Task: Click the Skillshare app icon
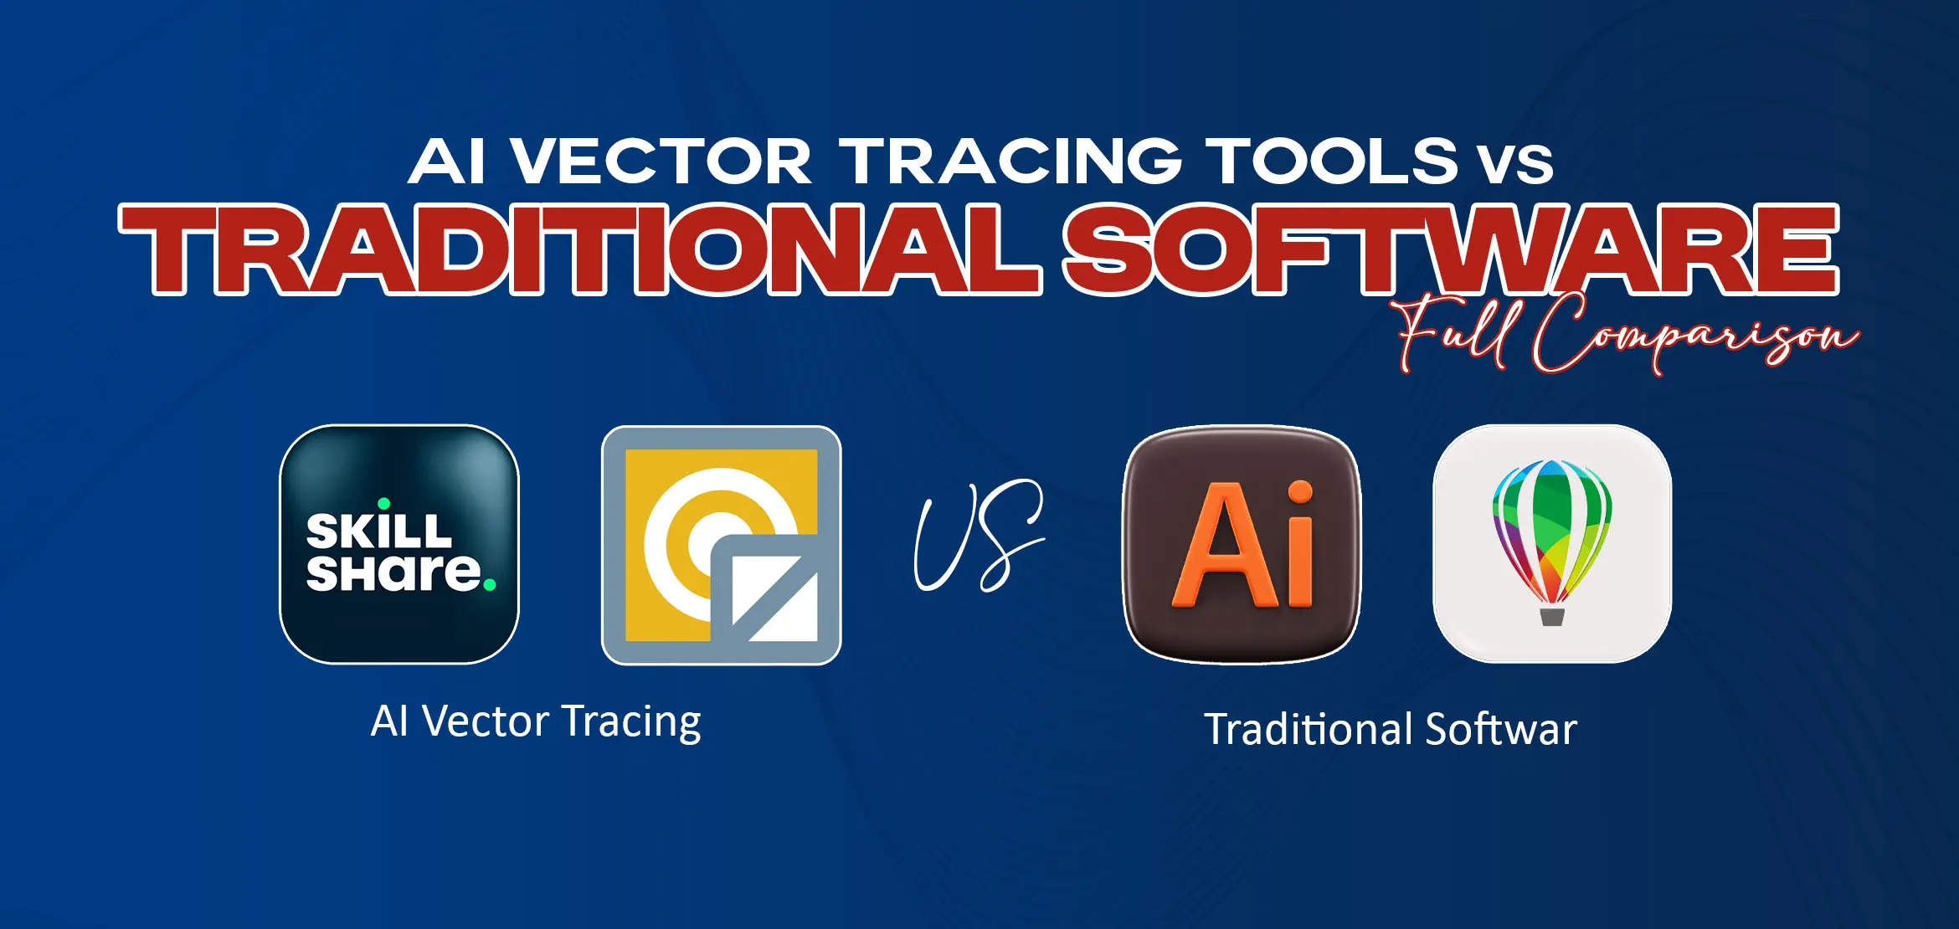click(398, 544)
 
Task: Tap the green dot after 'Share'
click(490, 584)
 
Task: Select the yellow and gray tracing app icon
click(721, 545)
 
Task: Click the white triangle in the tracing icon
click(774, 598)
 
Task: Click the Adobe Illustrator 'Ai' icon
click(1242, 544)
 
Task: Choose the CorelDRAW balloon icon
click(1552, 544)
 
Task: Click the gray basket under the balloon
click(1552, 617)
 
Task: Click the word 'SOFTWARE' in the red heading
click(1450, 249)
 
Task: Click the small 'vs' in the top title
click(1516, 164)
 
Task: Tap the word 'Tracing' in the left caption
click(631, 721)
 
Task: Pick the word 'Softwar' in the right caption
click(1501, 730)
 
